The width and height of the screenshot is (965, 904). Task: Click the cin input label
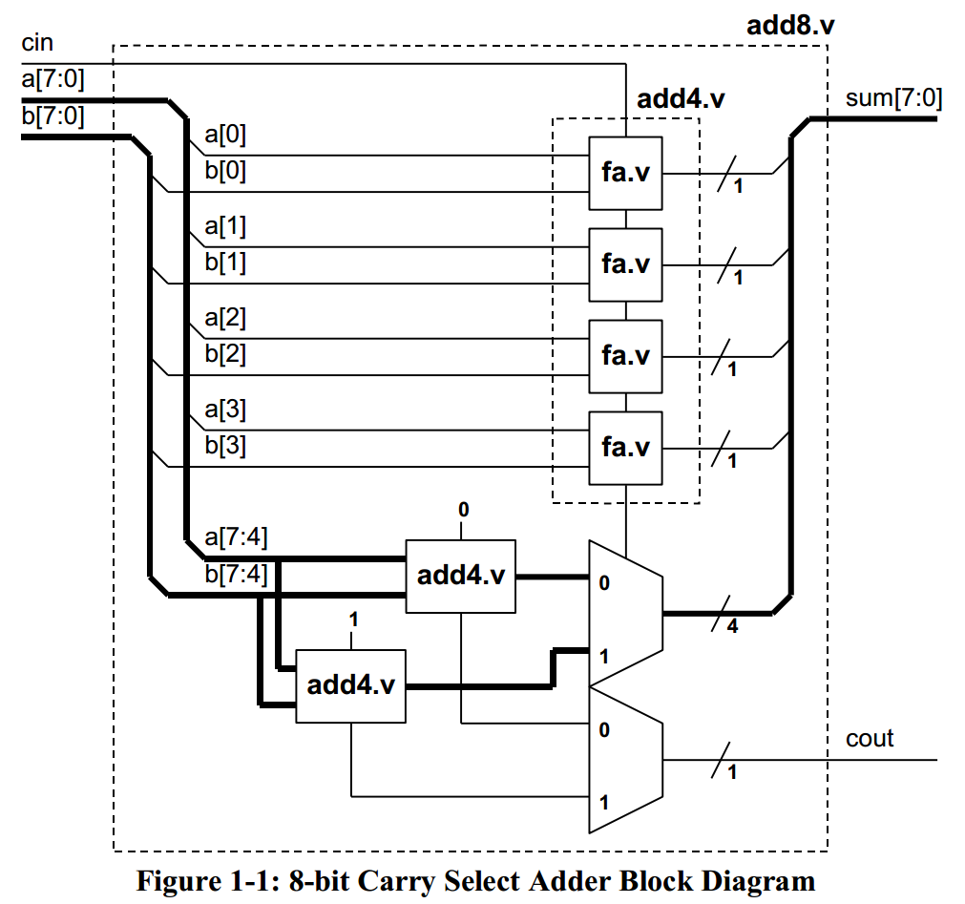pos(37,43)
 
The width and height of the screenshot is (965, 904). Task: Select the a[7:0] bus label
pos(52,80)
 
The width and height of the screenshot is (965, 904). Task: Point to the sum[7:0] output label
pos(893,99)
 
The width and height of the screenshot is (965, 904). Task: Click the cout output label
pos(870,738)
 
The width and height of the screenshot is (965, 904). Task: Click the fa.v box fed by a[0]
pos(625,173)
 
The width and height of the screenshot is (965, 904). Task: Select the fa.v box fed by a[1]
pos(625,263)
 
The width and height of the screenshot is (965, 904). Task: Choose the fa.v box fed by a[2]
pos(625,356)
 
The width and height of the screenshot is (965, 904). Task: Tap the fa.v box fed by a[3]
pos(625,447)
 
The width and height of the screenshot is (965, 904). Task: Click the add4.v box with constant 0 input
pos(461,576)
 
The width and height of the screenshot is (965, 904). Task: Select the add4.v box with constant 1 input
pos(351,685)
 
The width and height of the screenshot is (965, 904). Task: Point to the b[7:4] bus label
pos(236,576)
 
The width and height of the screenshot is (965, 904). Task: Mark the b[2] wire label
pos(225,355)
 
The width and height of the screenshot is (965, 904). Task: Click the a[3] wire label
pos(225,410)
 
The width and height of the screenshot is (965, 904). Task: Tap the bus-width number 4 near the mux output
pos(731,628)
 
